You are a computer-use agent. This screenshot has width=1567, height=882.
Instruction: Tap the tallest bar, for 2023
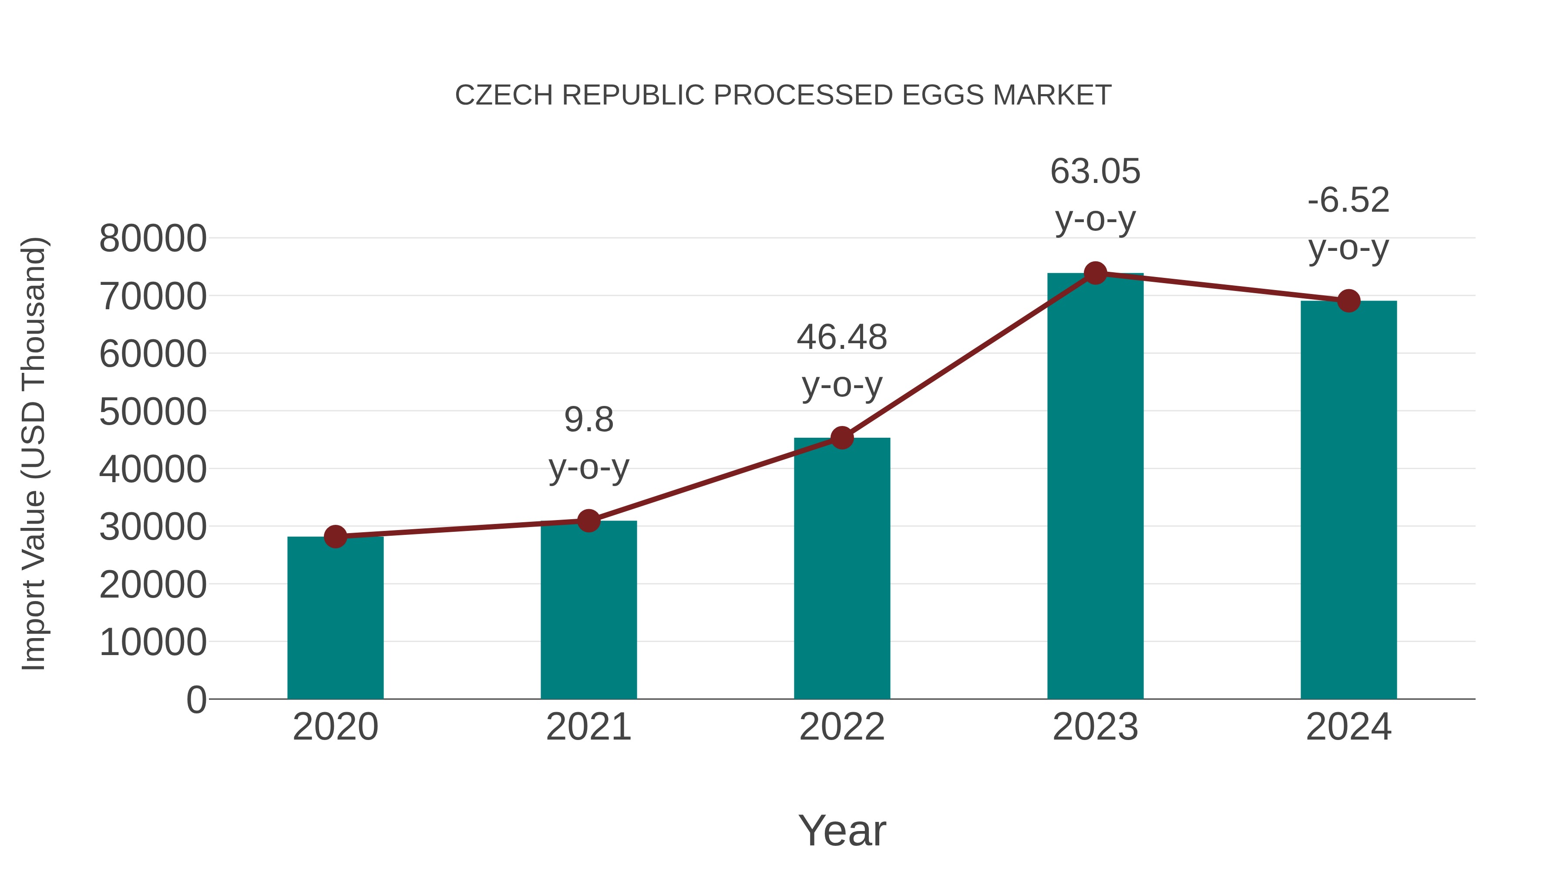tap(1095, 487)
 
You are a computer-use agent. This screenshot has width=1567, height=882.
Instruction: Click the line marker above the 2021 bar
tap(588, 520)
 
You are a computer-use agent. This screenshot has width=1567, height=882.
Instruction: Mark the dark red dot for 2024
tap(1348, 301)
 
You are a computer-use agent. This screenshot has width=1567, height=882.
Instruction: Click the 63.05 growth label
tap(1095, 172)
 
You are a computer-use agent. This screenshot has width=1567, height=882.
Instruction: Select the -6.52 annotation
tap(1348, 200)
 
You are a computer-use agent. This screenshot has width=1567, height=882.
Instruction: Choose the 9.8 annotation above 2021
tap(588, 420)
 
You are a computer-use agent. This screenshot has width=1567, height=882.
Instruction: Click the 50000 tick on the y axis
tap(153, 412)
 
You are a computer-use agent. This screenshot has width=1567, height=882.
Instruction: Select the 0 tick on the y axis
tap(196, 700)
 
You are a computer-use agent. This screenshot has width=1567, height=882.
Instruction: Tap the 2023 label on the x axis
tap(1095, 727)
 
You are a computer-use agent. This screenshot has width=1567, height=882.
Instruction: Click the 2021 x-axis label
tap(588, 727)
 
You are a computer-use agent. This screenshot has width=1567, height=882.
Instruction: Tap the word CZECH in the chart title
tap(504, 95)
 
